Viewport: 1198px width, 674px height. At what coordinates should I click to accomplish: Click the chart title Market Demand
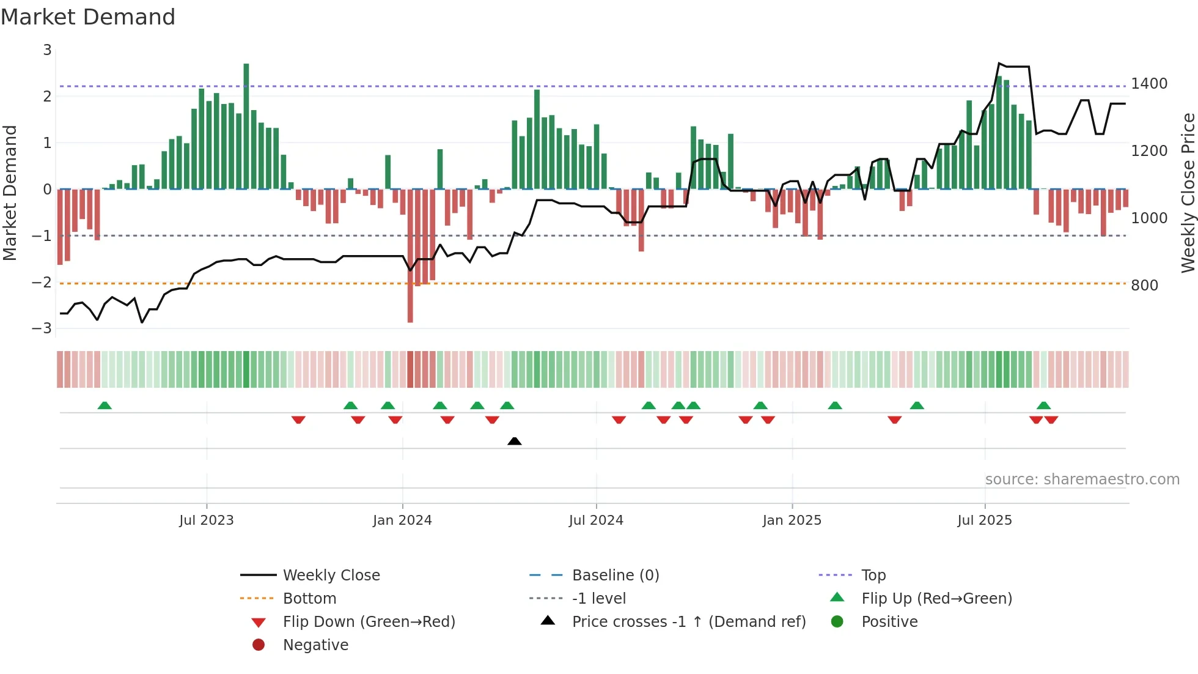click(x=88, y=17)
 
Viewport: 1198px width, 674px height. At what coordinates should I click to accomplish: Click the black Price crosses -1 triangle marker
click(x=515, y=441)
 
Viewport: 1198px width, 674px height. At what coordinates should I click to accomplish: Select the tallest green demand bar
click(x=246, y=125)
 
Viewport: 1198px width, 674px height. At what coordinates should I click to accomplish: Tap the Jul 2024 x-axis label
click(x=596, y=520)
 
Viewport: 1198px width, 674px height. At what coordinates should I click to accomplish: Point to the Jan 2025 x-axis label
click(x=792, y=520)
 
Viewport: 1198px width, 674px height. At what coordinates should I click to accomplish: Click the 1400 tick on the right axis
click(x=1149, y=84)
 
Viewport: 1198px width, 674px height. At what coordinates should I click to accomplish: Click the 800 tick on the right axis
click(x=1144, y=286)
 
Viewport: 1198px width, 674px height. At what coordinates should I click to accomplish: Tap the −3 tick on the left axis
click(x=42, y=328)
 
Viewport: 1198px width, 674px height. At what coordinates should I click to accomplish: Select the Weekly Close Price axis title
click(x=1188, y=193)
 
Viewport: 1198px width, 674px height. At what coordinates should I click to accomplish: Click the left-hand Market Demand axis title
click(x=10, y=193)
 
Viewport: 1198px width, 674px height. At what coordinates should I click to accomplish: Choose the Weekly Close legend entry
click(x=331, y=576)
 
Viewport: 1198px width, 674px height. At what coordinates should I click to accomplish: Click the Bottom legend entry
click(x=309, y=599)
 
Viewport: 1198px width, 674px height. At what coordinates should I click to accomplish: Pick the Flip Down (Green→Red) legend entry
click(x=369, y=622)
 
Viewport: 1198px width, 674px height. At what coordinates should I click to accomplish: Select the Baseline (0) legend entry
click(x=616, y=576)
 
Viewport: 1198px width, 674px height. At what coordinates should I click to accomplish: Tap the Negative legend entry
click(x=315, y=645)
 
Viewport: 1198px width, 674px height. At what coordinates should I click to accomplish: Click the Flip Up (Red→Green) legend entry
click(x=936, y=599)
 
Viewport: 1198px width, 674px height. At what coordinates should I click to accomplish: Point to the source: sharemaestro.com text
click(x=1082, y=480)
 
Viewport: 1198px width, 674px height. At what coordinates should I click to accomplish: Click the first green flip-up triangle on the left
click(x=105, y=406)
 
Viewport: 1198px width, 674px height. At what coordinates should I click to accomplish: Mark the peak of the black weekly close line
click(x=999, y=64)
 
